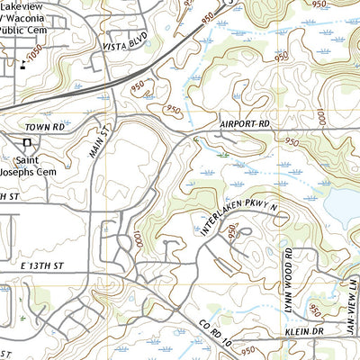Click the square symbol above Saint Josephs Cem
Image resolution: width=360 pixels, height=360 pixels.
[x=28, y=142]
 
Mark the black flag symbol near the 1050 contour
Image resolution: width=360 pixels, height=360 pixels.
[x=22, y=65]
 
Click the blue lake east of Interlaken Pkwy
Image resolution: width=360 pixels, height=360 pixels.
[x=342, y=208]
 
